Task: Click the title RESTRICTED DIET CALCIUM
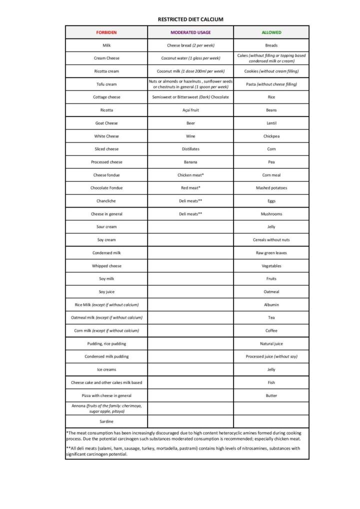(190, 19)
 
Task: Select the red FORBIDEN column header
(106, 32)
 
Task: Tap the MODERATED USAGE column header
(190, 32)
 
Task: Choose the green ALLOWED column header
(271, 32)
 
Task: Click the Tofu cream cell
(106, 84)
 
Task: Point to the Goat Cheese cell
(106, 123)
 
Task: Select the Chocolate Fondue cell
(106, 188)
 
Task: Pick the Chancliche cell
(106, 201)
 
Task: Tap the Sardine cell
(106, 421)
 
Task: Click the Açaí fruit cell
(190, 110)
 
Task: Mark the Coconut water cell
(190, 58)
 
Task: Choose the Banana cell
(190, 162)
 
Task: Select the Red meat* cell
(190, 188)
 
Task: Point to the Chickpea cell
(271, 136)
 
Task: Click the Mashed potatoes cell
(271, 188)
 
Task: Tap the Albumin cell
(271, 304)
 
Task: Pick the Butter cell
(271, 395)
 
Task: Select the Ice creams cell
(106, 369)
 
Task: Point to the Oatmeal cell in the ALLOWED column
(271, 291)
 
